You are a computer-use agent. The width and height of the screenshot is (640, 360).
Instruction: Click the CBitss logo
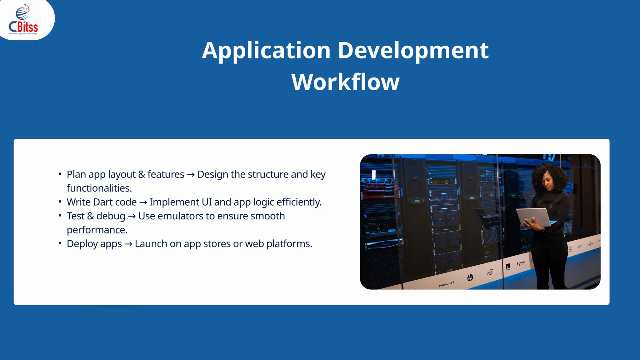(23, 20)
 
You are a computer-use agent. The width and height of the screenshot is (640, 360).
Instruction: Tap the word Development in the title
(413, 50)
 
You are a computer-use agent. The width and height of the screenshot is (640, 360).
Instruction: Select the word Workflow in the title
(345, 82)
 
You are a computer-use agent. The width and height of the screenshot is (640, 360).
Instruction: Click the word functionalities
(99, 188)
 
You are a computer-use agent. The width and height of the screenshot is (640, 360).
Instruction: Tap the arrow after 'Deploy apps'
(128, 244)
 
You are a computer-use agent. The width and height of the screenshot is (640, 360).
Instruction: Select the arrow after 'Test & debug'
(132, 216)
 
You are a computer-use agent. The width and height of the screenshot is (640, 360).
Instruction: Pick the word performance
(97, 230)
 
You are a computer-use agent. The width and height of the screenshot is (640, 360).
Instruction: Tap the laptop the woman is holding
(533, 216)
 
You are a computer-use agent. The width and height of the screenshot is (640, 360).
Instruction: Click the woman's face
(550, 182)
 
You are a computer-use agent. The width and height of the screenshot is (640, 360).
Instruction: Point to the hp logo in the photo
(470, 277)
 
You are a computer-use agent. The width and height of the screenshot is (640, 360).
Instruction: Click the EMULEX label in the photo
(447, 284)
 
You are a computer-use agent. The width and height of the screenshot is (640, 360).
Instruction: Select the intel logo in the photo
(490, 272)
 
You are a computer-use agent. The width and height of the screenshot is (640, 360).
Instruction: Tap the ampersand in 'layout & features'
(142, 174)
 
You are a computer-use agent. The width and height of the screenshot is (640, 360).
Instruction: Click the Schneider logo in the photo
(521, 263)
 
